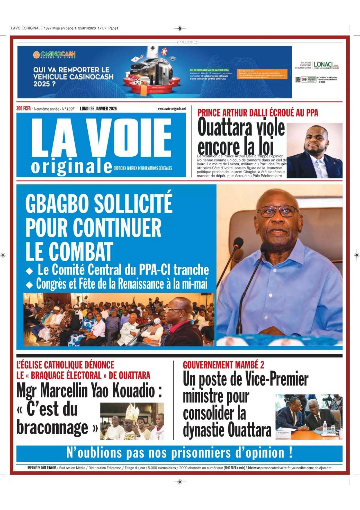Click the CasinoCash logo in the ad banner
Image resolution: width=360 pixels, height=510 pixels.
(x=54, y=55)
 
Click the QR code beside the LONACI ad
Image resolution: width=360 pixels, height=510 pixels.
(x=298, y=79)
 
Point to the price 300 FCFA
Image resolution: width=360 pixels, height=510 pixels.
(x=24, y=109)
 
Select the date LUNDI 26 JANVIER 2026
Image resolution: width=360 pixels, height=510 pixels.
(x=98, y=109)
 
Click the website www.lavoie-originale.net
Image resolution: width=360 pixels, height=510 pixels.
(x=172, y=109)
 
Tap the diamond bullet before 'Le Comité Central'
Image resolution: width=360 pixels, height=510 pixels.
(x=29, y=271)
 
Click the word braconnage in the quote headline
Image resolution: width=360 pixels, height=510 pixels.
(x=53, y=428)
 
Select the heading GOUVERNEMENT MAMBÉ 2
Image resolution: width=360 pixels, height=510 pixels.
(x=223, y=365)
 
